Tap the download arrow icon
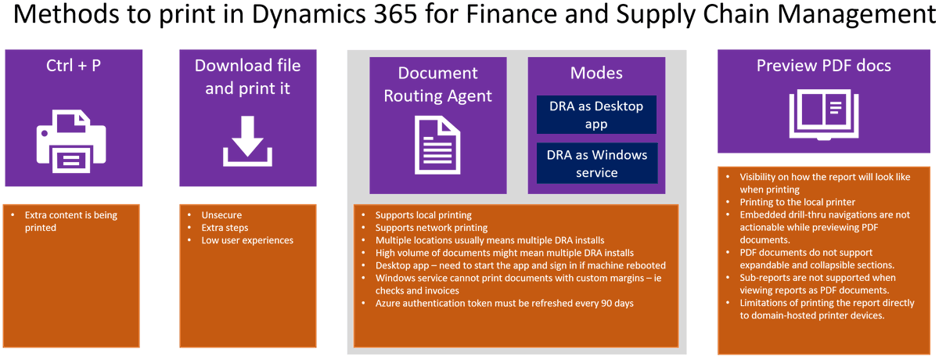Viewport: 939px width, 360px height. tap(247, 141)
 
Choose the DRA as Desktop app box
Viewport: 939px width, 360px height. tap(596, 114)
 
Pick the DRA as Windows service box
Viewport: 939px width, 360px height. tap(596, 163)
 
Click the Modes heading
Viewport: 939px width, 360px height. tap(596, 73)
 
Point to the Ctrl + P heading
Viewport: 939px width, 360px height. tap(74, 66)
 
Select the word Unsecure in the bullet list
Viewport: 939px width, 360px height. tap(221, 214)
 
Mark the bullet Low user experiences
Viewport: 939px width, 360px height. tap(246, 240)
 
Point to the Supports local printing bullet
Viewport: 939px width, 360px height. tap(423, 214)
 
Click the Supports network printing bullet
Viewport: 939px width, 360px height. tap(431, 227)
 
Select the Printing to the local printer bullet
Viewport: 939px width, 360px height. tap(797, 202)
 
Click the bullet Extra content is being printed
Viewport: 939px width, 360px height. tap(72, 221)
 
